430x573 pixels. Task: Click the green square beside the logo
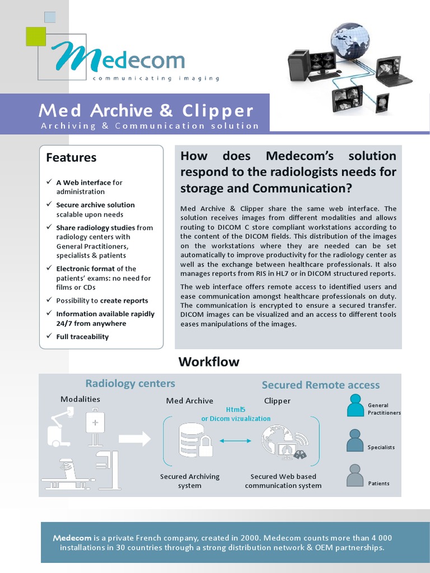35,36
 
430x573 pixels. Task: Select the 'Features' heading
71,158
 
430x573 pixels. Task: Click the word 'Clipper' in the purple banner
218,111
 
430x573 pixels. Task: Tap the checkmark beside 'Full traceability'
49,336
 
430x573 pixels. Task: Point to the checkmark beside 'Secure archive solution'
49,205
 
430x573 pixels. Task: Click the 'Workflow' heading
209,362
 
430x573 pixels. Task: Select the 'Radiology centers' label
130,383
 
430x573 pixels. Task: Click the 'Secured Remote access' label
321,385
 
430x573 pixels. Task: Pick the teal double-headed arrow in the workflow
235,441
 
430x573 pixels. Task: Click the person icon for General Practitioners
355,406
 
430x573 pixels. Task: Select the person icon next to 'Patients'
355,476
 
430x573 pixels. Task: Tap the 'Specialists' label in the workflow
381,447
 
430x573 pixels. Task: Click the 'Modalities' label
80,399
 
